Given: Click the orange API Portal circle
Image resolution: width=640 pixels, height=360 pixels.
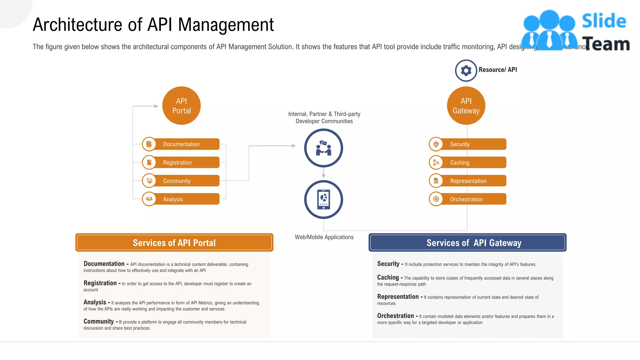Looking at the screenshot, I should [x=181, y=106].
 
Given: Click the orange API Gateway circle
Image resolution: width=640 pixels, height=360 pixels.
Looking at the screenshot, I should [x=466, y=106].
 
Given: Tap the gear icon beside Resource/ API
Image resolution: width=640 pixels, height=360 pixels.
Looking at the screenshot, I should [x=466, y=70].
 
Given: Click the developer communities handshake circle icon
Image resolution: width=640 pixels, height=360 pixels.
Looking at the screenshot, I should [x=323, y=148].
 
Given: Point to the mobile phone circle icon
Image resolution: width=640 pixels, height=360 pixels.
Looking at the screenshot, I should [x=323, y=199].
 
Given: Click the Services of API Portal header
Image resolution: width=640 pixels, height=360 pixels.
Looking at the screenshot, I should [x=174, y=242].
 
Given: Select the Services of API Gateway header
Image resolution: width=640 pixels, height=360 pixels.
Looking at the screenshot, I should [x=467, y=242].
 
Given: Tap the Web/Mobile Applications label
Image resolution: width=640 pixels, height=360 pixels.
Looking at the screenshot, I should [x=324, y=237].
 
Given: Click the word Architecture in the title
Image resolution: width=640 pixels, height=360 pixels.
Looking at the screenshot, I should [x=77, y=25].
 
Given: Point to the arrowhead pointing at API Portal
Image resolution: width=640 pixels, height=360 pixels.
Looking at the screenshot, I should [x=156, y=106].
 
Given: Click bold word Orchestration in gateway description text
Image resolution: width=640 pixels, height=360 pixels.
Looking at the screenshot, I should [x=395, y=316].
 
